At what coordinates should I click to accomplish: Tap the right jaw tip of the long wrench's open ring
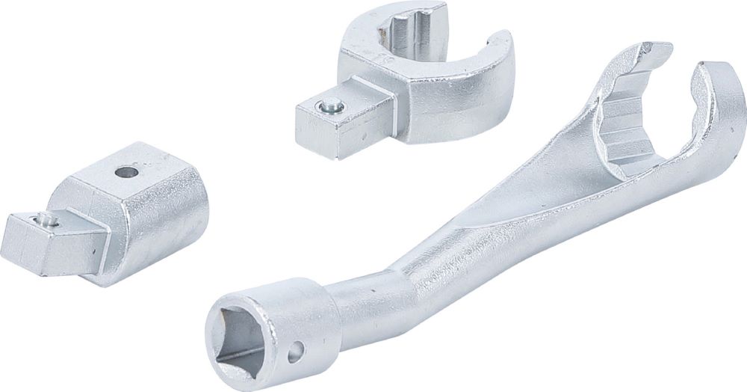click(x=713, y=82)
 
